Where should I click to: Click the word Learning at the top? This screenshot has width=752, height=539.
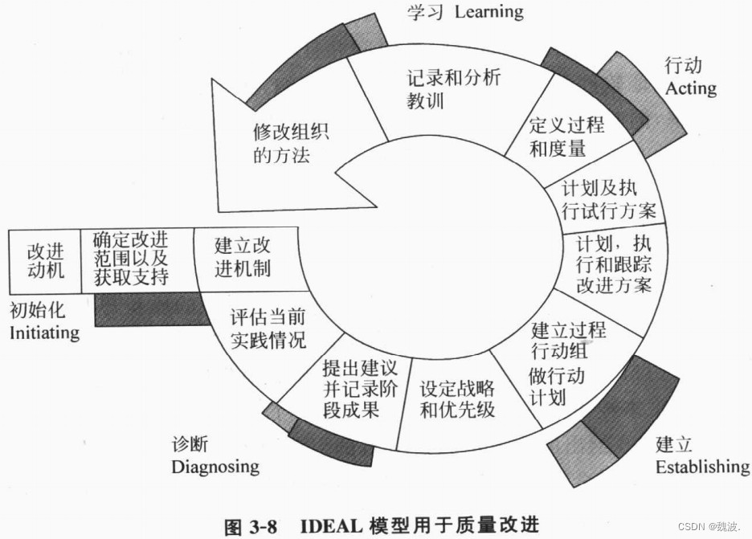coord(488,11)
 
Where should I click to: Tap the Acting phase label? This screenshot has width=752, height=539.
coord(690,87)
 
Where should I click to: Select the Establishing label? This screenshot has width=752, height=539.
coord(701,467)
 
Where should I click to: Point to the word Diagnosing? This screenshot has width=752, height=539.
coord(215,466)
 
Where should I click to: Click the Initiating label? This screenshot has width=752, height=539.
coord(44,332)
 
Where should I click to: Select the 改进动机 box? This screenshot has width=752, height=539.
coord(45,260)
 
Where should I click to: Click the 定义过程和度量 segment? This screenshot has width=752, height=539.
coord(566,137)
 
